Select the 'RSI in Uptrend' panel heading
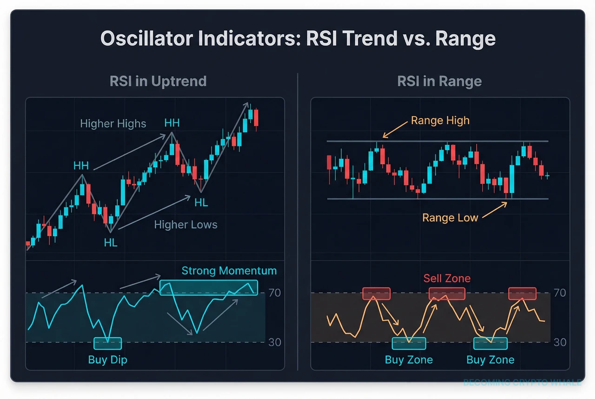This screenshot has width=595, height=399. pos(158,81)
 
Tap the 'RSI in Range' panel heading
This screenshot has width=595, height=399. pos(439,81)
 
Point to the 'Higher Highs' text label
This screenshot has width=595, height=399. pos(113,124)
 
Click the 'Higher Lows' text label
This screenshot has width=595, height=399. pos(185,225)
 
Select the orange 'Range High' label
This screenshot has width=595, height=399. pos(440,121)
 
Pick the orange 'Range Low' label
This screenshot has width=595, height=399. pos(450,218)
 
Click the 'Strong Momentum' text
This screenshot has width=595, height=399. pos(229,271)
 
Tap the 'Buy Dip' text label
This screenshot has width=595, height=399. pos(107,360)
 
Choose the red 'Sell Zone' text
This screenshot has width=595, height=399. pos(447,278)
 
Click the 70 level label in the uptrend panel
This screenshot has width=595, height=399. pos(275,293)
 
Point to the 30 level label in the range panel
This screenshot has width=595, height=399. pos(560,342)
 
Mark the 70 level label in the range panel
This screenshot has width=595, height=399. pos(560,293)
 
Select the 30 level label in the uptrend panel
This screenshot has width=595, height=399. pos(275,342)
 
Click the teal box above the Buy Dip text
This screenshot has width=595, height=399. pos(107,343)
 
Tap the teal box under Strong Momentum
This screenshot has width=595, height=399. pos(208,288)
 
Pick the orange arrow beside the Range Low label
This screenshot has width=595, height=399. pos(495,210)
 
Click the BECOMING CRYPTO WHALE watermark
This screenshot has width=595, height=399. pos(522,382)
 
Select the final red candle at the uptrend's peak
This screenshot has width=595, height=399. pos(256,118)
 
